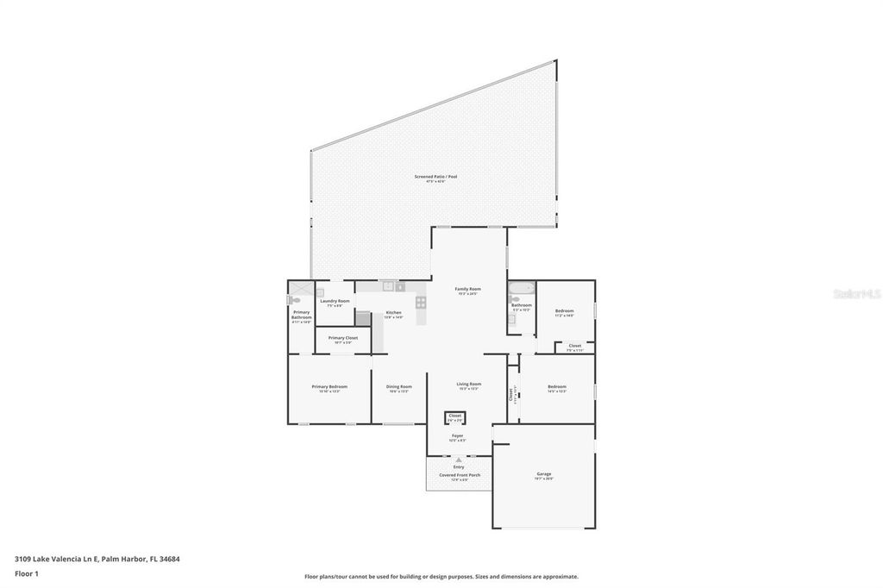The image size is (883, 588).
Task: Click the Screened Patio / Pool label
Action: [435, 177]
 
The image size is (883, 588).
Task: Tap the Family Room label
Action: [467, 289]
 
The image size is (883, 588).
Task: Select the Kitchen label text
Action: [393, 313]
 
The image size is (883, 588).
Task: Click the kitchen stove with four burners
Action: [421, 302]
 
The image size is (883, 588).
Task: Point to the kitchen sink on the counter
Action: [388, 286]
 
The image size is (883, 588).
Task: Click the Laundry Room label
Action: [335, 301]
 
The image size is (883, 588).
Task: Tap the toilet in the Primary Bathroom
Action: [294, 300]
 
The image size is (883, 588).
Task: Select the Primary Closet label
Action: [342, 338]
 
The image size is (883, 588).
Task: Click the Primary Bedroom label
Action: [329, 387]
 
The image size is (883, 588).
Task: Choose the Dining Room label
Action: [398, 387]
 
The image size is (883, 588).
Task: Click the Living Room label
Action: [468, 385]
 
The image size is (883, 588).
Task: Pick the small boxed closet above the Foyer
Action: [455, 417]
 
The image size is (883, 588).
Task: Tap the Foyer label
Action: [458, 436]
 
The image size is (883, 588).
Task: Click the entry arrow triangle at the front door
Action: [458, 460]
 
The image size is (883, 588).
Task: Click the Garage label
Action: [543, 474]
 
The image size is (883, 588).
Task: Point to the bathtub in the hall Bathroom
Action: [520, 288]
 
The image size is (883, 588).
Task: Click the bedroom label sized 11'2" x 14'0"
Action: [564, 310]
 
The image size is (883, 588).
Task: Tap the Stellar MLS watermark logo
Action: [856, 294]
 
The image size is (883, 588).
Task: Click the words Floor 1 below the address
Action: [27, 572]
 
